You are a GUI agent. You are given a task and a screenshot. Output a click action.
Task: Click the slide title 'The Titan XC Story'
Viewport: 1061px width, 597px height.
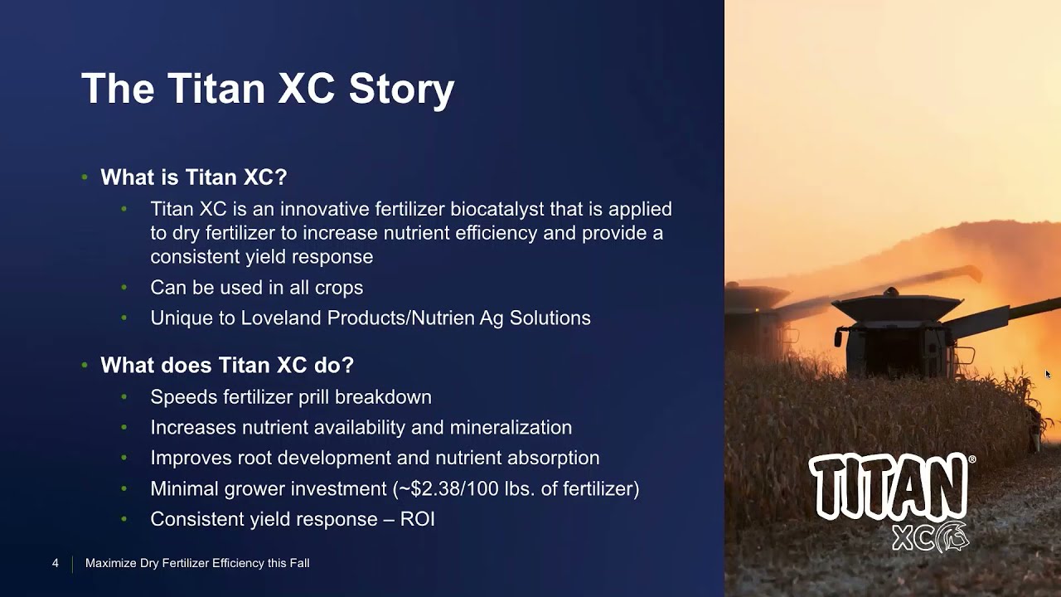point(268,89)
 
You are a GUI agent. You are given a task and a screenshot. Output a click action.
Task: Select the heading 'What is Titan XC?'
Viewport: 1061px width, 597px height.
point(193,177)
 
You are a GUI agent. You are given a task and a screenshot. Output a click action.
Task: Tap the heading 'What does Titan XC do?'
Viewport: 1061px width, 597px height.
point(227,366)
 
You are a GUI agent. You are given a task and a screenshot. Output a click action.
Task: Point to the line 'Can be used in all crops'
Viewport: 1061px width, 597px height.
point(256,288)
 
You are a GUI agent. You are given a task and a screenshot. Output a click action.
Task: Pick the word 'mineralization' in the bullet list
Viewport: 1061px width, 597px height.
point(511,428)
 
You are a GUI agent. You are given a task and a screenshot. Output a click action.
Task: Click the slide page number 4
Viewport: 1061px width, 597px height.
point(56,564)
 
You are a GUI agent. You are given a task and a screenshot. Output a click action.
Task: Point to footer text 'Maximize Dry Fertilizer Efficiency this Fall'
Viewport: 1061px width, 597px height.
point(197,564)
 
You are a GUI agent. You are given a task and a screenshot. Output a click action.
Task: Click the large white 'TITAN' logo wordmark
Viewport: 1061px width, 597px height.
point(887,488)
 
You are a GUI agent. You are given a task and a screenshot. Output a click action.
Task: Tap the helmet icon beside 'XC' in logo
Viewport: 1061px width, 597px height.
point(952,537)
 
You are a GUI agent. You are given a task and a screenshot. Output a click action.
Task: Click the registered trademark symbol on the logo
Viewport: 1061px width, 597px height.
point(971,459)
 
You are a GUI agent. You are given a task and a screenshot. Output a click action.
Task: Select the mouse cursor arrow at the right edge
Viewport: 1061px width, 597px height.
point(1048,374)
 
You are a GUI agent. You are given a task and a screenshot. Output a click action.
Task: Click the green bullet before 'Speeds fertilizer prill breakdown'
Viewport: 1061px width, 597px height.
point(124,397)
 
